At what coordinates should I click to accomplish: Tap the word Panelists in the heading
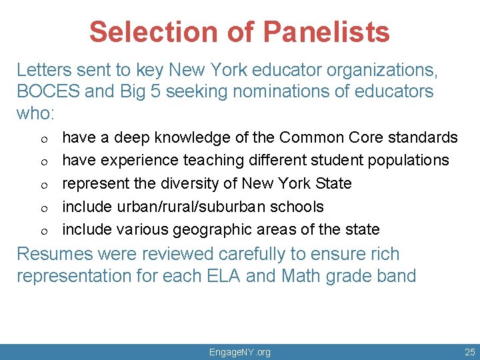pyautogui.click(x=326, y=31)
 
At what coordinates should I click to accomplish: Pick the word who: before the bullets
pyautogui.click(x=35, y=113)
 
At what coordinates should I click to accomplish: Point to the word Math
pyautogui.click(x=301, y=276)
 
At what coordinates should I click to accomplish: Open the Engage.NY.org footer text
pyautogui.click(x=240, y=351)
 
